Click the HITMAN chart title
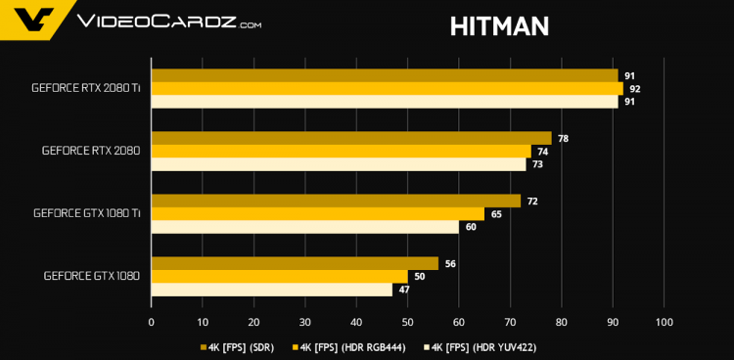pyautogui.click(x=499, y=25)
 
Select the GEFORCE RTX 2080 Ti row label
pyautogui.click(x=85, y=88)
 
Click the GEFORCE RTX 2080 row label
pyautogui.click(x=91, y=151)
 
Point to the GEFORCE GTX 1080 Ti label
pyautogui.click(x=86, y=213)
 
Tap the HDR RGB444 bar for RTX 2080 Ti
pyautogui.click(x=387, y=88)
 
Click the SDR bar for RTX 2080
pyautogui.click(x=351, y=138)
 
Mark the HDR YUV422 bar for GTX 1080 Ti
pyautogui.click(x=304, y=227)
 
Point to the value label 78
pyautogui.click(x=563, y=139)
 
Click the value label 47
pyautogui.click(x=403, y=291)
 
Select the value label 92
pyautogui.click(x=634, y=89)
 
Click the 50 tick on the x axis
pyautogui.click(x=407, y=322)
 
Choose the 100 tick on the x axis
pyautogui.click(x=664, y=322)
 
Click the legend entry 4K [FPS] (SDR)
pyautogui.click(x=238, y=346)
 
